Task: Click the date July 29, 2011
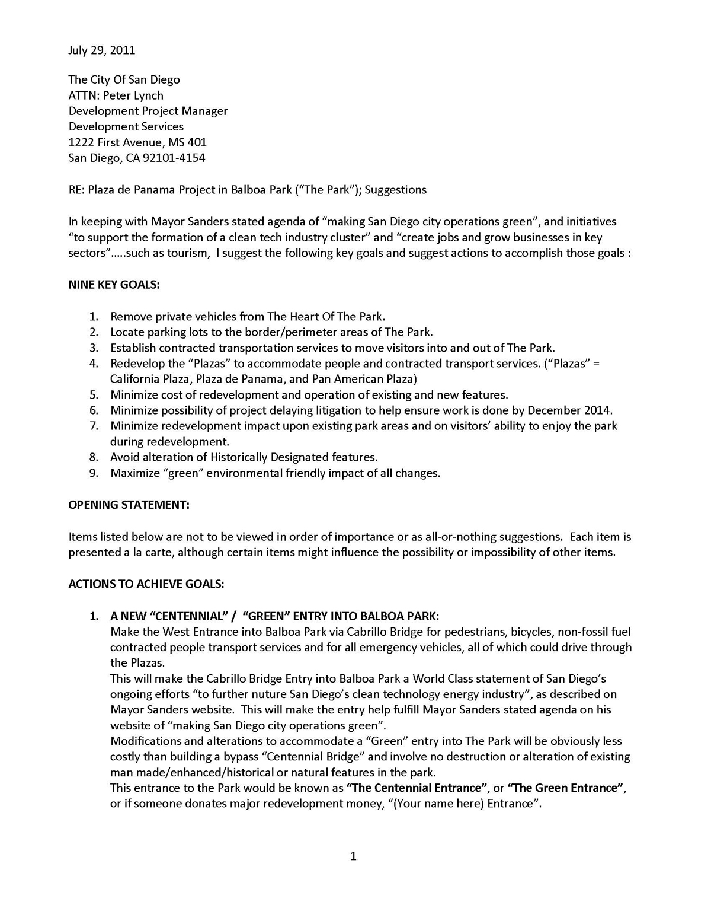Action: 101,50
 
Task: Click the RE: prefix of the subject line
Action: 76,190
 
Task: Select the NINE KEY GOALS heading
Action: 114,285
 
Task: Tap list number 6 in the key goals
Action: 94,410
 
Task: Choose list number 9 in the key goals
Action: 94,473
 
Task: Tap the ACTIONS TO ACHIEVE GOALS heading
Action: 146,584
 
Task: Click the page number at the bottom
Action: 353,856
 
